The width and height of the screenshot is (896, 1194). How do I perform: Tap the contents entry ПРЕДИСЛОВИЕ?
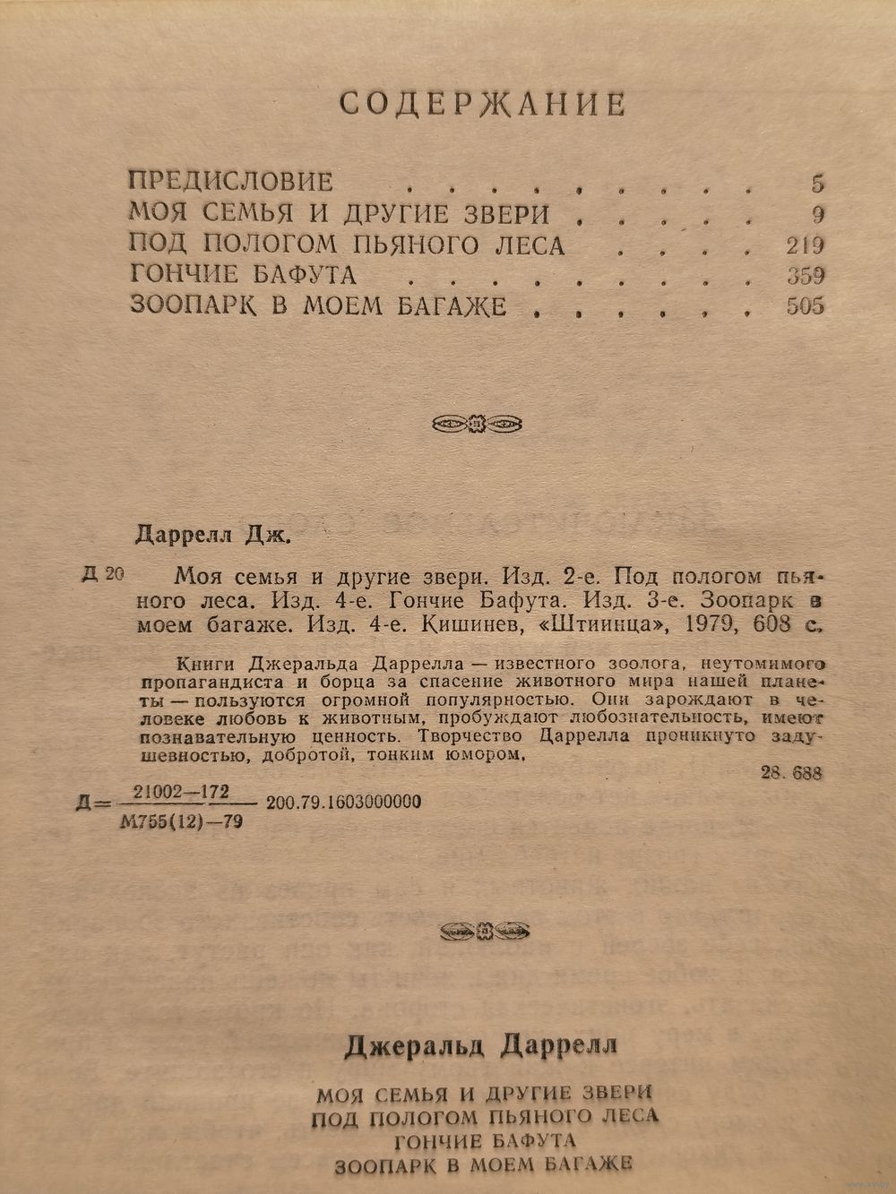230,182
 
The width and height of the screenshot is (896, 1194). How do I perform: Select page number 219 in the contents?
803,245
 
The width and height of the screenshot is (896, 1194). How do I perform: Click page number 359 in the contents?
803,275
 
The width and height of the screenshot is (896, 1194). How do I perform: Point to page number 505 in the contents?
804,306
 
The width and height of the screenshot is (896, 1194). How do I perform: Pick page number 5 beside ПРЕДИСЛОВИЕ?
816,184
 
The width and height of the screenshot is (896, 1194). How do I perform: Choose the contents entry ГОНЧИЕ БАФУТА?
243,275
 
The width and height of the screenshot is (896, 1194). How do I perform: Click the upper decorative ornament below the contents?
477,422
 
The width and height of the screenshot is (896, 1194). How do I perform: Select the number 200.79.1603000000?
344,803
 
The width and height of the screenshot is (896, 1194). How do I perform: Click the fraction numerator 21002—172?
181,791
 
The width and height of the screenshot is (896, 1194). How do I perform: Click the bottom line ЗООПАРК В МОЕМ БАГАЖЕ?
483,1165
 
